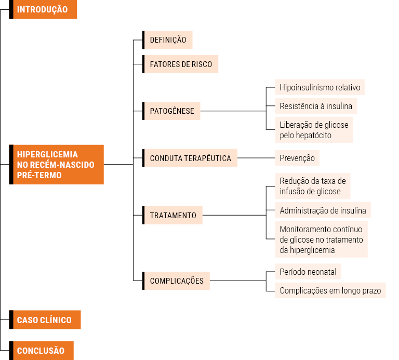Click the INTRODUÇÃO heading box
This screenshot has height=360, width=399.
point(43,9)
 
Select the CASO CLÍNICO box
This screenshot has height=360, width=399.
point(45,319)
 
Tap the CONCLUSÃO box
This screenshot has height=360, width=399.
point(41,351)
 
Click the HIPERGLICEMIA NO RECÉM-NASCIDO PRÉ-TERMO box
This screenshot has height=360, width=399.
point(56,165)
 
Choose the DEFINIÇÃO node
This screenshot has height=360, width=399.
point(167,40)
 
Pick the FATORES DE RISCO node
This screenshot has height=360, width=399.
point(180,64)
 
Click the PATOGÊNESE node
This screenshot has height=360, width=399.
point(171,111)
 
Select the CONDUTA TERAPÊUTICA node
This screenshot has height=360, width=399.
point(190,158)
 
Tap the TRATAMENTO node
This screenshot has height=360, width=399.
point(172,215)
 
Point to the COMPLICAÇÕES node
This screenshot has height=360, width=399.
point(176,281)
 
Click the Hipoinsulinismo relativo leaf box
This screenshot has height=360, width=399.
point(320,87)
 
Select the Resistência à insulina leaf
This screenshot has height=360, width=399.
point(316,106)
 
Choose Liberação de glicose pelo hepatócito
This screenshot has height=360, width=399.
point(314,130)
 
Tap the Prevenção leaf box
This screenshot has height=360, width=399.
point(297,158)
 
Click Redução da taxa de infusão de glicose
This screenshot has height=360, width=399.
point(313,186)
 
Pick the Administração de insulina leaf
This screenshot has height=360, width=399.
point(323,210)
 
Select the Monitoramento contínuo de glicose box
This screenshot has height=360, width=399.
point(322,239)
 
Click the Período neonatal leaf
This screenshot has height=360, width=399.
point(308,272)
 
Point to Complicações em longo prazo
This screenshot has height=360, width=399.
point(330,290)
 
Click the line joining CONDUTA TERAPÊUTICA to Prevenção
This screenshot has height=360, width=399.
point(256,158)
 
